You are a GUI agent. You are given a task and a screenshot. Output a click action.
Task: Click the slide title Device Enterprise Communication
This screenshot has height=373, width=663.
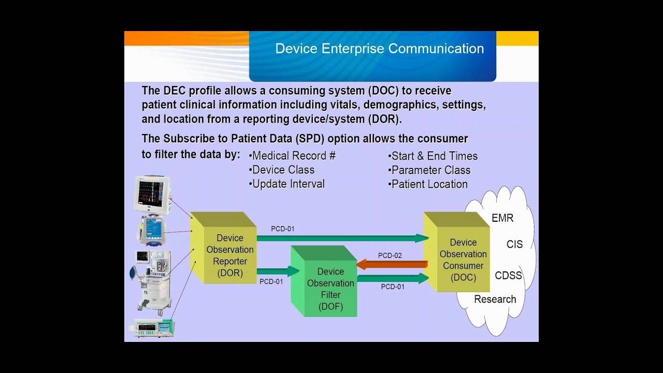click(x=379, y=49)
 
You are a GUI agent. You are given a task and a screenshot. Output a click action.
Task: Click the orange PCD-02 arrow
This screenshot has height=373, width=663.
click(x=392, y=265)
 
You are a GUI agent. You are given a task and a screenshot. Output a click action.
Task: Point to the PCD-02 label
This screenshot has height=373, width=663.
click(x=390, y=255)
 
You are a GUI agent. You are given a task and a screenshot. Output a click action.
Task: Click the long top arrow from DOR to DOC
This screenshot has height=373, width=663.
click(x=342, y=238)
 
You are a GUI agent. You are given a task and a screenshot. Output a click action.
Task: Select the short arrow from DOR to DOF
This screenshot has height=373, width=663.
click(x=278, y=271)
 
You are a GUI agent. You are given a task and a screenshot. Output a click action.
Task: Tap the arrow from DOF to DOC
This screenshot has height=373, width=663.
click(x=392, y=278)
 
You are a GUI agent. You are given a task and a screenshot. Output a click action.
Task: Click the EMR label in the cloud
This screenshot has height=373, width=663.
click(x=502, y=218)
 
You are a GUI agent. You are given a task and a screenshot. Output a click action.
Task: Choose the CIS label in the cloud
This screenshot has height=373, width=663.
click(x=514, y=245)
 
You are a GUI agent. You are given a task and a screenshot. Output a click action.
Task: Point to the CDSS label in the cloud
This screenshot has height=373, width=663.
click(x=508, y=276)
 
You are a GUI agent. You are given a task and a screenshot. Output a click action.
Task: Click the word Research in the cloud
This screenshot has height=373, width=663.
click(x=495, y=299)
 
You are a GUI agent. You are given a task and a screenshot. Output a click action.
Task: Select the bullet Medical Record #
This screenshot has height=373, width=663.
click(x=292, y=156)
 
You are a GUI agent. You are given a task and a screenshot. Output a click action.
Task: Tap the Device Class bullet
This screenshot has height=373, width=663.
click(x=282, y=170)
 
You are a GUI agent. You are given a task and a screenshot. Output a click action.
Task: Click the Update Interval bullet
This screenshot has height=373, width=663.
click(x=287, y=184)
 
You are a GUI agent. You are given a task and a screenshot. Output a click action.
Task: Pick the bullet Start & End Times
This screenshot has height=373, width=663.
click(x=433, y=156)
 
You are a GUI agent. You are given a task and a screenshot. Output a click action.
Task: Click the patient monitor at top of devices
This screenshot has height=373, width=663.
click(x=151, y=194)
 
